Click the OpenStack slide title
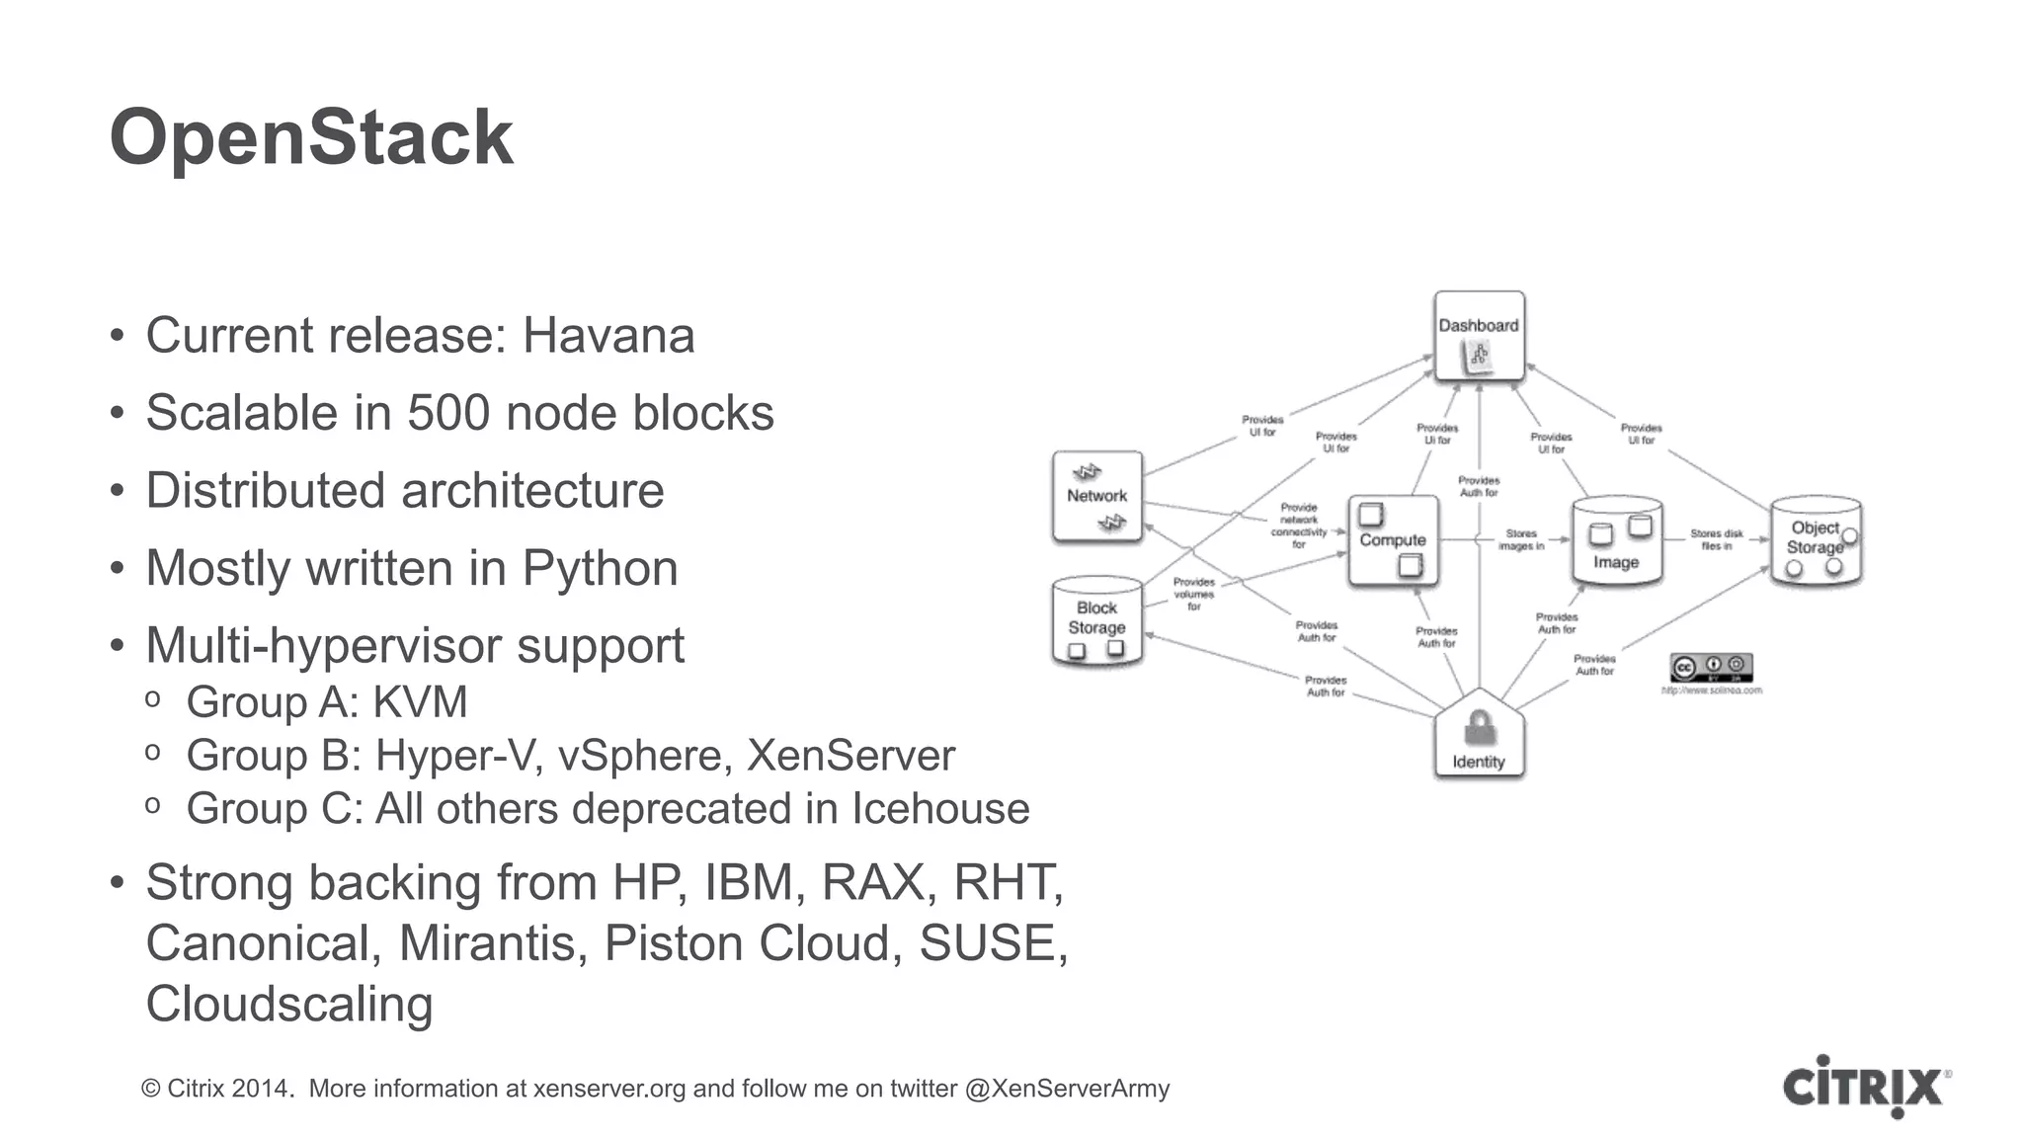pos(311,137)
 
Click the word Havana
pos(607,336)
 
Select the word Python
pos(600,568)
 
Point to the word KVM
pos(420,702)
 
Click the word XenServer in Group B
pos(850,756)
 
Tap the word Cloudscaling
pos(289,1004)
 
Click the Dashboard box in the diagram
pos(1479,336)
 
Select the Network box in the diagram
pos(1096,497)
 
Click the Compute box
pos(1393,541)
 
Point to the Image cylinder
pos(1616,541)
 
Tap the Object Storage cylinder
pos(1816,541)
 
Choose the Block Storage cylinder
pos(1096,620)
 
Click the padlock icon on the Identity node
pos(1479,728)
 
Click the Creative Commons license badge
pos(1711,667)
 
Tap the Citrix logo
pos(1864,1087)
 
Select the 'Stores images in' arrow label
pos(1520,539)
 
